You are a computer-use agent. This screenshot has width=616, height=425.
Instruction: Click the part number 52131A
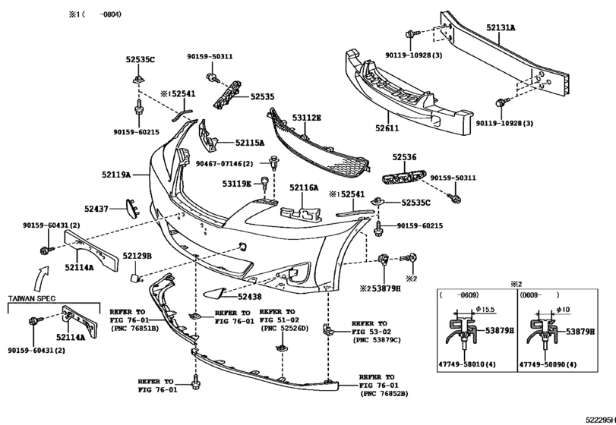(501, 27)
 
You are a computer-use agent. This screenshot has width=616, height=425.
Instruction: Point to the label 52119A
(115, 174)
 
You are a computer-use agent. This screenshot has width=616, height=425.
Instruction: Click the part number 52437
(96, 207)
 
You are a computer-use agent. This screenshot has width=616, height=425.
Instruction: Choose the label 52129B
(137, 256)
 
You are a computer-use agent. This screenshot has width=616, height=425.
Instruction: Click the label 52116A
(305, 187)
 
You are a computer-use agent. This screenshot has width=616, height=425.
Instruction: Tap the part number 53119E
(236, 184)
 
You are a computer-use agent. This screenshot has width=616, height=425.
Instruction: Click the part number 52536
(404, 157)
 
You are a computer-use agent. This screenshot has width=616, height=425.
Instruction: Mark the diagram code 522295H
(599, 418)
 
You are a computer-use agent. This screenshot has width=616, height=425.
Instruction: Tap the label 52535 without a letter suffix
(263, 97)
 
